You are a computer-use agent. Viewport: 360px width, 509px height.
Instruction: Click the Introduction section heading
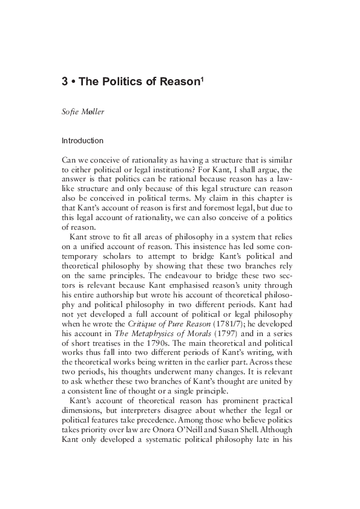[83, 141]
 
